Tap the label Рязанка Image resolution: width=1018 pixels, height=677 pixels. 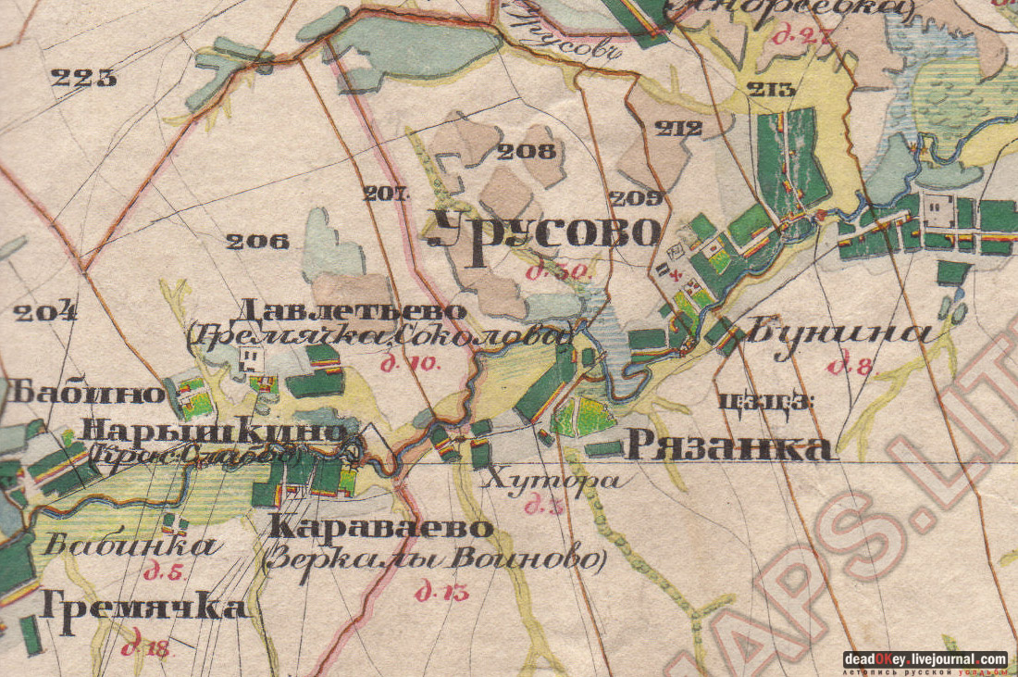point(729,447)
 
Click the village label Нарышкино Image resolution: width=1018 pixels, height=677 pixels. point(214,431)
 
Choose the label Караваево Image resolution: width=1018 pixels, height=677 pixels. point(380,528)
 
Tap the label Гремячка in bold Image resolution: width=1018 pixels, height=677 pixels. point(144,608)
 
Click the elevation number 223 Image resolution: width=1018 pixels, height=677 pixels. point(84,78)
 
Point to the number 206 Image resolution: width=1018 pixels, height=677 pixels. point(257,242)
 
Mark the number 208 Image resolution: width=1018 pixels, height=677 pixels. point(528,151)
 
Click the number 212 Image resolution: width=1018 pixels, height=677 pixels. point(678,129)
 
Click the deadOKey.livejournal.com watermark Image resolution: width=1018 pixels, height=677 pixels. point(925,659)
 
